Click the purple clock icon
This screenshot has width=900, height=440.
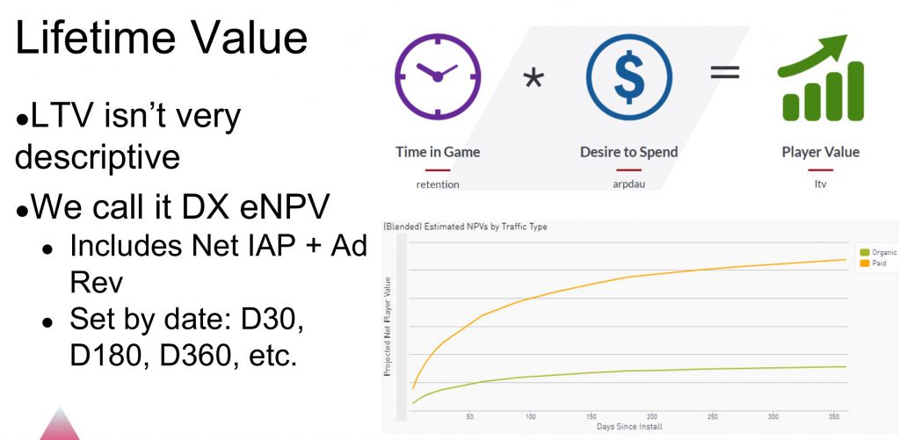tap(438, 76)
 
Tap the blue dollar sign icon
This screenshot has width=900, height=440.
tap(629, 76)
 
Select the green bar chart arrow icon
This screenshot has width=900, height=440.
tap(820, 77)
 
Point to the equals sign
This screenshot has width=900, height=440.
tap(725, 72)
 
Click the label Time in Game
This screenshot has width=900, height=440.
tap(438, 152)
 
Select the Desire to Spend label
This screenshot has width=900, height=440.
tap(629, 152)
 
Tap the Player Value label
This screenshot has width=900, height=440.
tap(820, 152)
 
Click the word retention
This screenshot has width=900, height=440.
tap(438, 184)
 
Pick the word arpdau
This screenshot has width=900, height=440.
tap(629, 184)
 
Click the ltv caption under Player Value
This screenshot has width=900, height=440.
tap(820, 184)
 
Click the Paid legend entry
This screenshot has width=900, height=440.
tap(874, 263)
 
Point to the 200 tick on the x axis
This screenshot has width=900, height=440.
tap(652, 417)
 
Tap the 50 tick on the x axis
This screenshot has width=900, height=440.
tap(470, 417)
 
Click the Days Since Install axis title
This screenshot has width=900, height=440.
tap(629, 426)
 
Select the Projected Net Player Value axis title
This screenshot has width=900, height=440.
tap(388, 327)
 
